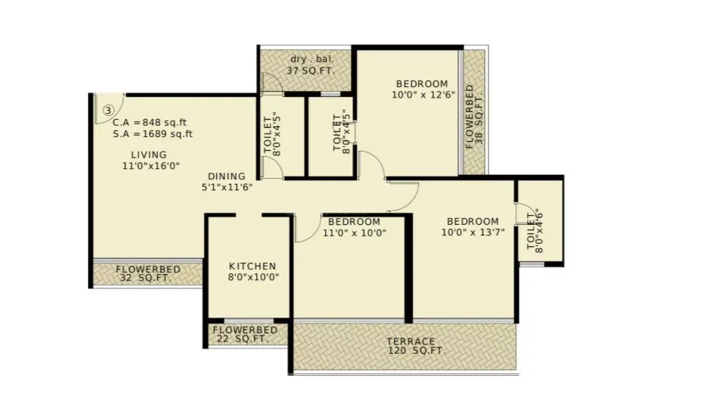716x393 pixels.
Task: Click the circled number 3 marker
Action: [108, 110]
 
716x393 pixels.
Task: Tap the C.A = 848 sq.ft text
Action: [150, 122]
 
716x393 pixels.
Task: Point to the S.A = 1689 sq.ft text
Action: [152, 134]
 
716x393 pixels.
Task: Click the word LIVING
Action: [149, 154]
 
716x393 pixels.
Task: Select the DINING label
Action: [227, 175]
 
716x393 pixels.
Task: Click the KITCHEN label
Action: [252, 267]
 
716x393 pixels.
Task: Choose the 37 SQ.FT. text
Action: [309, 71]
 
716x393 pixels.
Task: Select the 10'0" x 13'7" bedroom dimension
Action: [471, 233]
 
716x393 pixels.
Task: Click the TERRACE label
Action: [411, 341]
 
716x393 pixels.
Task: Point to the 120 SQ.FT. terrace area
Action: [417, 351]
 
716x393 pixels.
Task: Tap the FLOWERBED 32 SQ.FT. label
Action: [147, 273]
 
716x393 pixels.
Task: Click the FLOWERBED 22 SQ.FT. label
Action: [245, 335]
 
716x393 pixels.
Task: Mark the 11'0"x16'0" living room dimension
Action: [151, 166]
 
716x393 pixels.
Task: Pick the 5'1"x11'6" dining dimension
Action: [227, 186]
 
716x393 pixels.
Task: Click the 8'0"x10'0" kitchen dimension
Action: [253, 277]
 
